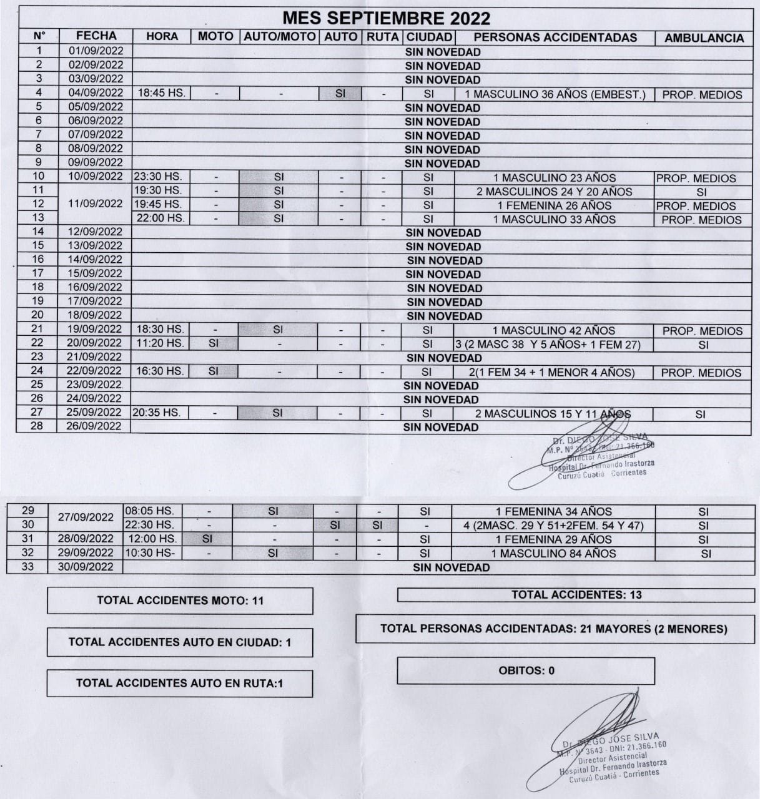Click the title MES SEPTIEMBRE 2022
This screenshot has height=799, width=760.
pyautogui.click(x=386, y=17)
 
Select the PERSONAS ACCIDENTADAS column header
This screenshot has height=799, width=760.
pyautogui.click(x=555, y=37)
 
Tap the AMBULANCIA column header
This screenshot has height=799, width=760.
pyautogui.click(x=704, y=38)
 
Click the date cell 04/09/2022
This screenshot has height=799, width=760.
pyautogui.click(x=96, y=93)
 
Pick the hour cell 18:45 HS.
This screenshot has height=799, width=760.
pyautogui.click(x=161, y=93)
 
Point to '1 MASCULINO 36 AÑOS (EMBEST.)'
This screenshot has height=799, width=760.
pyautogui.click(x=555, y=94)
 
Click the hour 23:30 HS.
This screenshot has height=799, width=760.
pyautogui.click(x=157, y=177)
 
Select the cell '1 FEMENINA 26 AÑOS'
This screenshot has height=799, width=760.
pyautogui.click(x=555, y=205)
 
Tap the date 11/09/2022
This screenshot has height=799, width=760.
pyautogui.click(x=96, y=203)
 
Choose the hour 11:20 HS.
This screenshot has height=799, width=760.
pyautogui.click(x=160, y=343)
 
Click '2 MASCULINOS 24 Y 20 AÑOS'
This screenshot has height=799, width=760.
pyautogui.click(x=555, y=192)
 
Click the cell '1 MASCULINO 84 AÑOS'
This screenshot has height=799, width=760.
pyautogui.click(x=553, y=553)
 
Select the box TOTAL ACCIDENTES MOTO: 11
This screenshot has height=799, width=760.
pyautogui.click(x=180, y=600)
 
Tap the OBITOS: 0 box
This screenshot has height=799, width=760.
pyautogui.click(x=526, y=670)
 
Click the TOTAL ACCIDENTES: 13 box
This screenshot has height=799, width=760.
pyautogui.click(x=576, y=595)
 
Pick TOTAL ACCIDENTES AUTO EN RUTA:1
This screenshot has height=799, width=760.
pyautogui.click(x=179, y=683)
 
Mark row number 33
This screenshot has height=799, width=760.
pyautogui.click(x=27, y=566)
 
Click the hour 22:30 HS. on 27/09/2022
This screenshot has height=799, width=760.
pyautogui.click(x=149, y=525)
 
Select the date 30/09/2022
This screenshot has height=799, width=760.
pyautogui.click(x=86, y=566)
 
